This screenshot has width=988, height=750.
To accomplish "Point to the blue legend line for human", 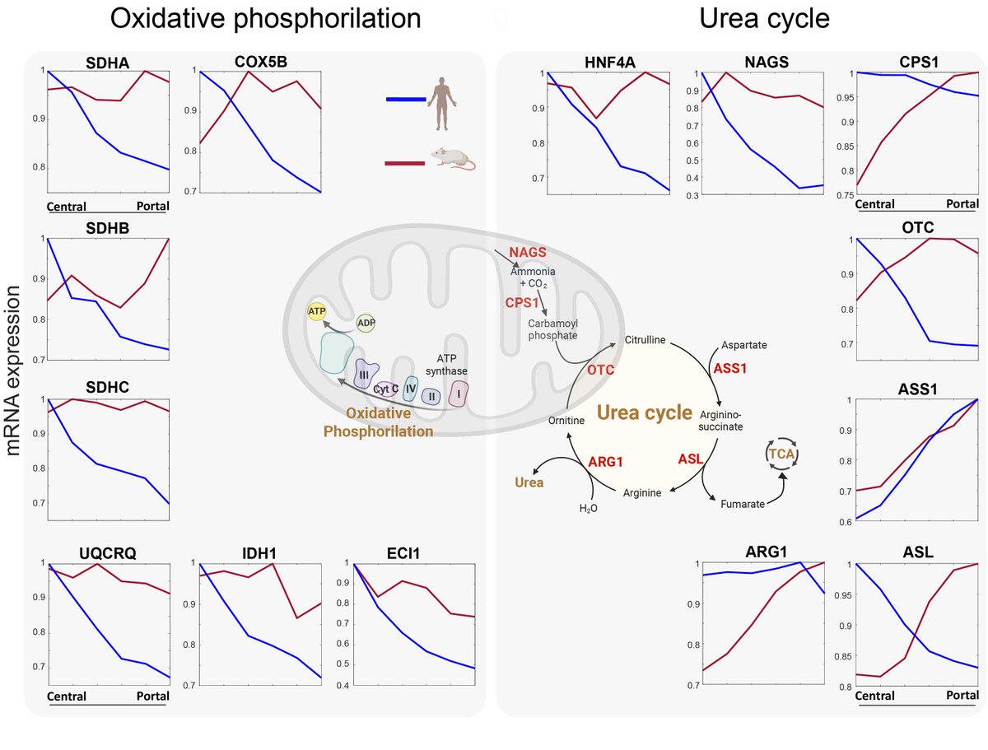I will (x=406, y=100).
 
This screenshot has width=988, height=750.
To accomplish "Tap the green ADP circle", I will (x=366, y=323).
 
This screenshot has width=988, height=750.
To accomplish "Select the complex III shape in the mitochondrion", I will (x=365, y=375).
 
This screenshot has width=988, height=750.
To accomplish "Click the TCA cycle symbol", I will (x=781, y=454).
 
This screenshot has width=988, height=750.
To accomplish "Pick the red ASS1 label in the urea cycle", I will (x=729, y=369).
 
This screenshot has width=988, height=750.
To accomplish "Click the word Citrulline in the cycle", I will (x=645, y=339).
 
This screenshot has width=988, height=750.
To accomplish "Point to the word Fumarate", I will (x=743, y=503).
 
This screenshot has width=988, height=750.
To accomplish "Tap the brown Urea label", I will (x=529, y=482).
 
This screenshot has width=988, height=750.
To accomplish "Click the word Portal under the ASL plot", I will (x=962, y=696).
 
